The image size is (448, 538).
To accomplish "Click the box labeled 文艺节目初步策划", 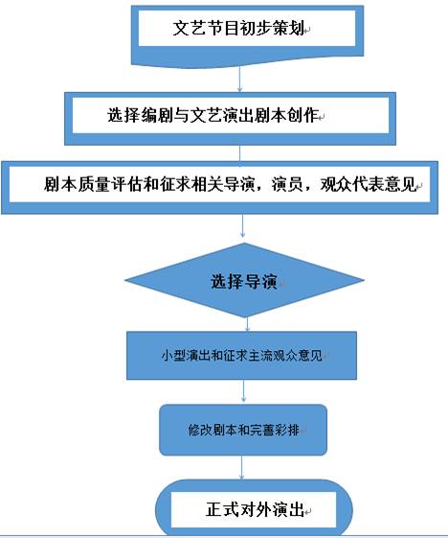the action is (x=247, y=35).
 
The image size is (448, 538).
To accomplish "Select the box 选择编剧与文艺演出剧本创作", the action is (x=230, y=118).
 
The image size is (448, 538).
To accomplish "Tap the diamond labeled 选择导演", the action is (x=244, y=280).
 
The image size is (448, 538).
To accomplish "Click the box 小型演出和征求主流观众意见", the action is (x=241, y=356).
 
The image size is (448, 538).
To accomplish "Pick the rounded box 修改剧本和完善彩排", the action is (x=243, y=430).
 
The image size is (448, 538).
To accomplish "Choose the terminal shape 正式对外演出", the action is (x=254, y=509).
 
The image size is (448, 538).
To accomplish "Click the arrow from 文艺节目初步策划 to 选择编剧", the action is (x=239, y=80).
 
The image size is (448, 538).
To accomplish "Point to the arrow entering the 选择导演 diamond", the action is (x=242, y=226).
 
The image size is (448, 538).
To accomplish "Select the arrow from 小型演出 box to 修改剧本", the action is (x=243, y=391).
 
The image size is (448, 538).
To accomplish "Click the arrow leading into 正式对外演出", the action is (x=242, y=468).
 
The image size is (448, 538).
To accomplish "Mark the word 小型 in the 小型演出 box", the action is (x=173, y=356).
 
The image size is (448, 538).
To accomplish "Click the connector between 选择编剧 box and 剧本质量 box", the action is (x=239, y=153).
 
